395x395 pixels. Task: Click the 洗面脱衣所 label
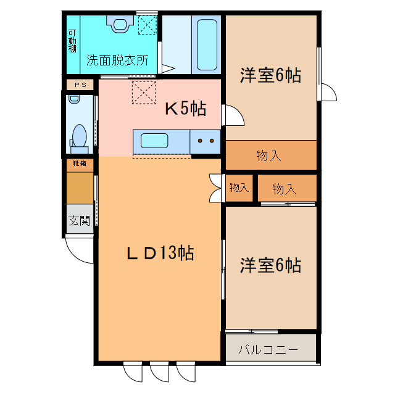pos(117,60)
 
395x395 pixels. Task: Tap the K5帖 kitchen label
pos(185,109)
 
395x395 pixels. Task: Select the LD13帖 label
pos(160,253)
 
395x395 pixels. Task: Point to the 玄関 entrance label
pos(79,220)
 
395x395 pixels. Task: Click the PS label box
pos(80,85)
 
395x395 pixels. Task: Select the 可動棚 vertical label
pos(73,41)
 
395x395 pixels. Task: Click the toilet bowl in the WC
pos(79,135)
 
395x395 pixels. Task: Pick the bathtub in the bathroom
pos(206,44)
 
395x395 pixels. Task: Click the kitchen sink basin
pos(155,141)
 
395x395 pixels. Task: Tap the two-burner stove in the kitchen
pos(206,141)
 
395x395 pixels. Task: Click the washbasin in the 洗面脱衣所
pos(120,22)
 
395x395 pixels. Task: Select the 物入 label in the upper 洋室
pos(269,156)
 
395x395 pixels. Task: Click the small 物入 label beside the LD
pos(239,187)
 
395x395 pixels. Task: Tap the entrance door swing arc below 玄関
pos(79,249)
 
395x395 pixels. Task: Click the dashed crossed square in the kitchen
pos(144,93)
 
